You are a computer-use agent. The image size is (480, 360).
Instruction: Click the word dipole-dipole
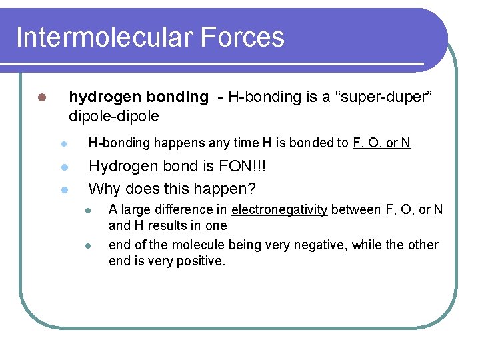(114, 116)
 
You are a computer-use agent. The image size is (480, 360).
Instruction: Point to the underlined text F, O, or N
(381, 143)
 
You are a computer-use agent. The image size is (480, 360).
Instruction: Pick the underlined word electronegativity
(279, 211)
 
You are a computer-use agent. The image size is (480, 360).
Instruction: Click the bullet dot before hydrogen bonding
(41, 97)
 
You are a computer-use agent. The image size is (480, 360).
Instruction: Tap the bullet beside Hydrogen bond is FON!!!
(63, 167)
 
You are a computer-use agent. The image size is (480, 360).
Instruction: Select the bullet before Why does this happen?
(63, 189)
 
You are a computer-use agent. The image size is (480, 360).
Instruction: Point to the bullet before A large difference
(87, 211)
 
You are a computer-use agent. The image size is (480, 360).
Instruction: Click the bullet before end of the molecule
(87, 245)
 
